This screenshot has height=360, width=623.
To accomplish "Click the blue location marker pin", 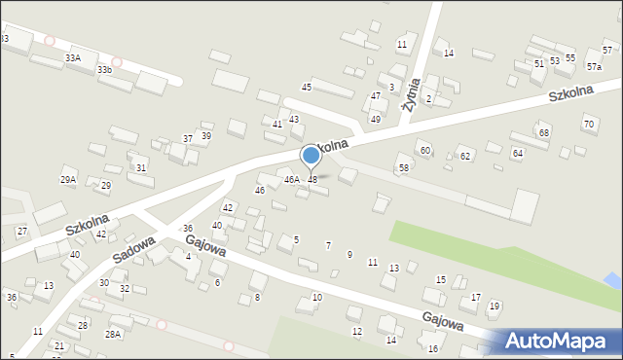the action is point(311,156).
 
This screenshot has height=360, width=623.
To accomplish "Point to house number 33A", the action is point(73,58).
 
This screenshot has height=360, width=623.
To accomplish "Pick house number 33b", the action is point(104,70).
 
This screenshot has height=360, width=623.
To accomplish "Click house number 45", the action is point(307,88).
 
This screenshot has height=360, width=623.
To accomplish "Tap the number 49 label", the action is point(376,119).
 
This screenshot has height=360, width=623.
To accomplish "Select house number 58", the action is point(403,168).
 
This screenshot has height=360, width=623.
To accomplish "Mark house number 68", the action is point(544,132).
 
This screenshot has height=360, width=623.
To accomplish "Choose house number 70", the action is point(588,124).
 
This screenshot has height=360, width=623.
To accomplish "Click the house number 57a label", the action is point(594,67).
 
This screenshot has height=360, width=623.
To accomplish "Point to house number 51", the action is point(539,63).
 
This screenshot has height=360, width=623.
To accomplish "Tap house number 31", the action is point(141,167).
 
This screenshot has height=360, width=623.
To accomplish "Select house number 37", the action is point(188,139).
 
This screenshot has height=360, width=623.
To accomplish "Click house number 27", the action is point(22,231).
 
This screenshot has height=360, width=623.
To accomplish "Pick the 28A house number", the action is point(113,334).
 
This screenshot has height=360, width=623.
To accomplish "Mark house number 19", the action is point(495,306).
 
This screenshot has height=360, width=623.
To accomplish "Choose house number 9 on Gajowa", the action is point(349,255).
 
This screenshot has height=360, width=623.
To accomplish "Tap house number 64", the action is point(517,154).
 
